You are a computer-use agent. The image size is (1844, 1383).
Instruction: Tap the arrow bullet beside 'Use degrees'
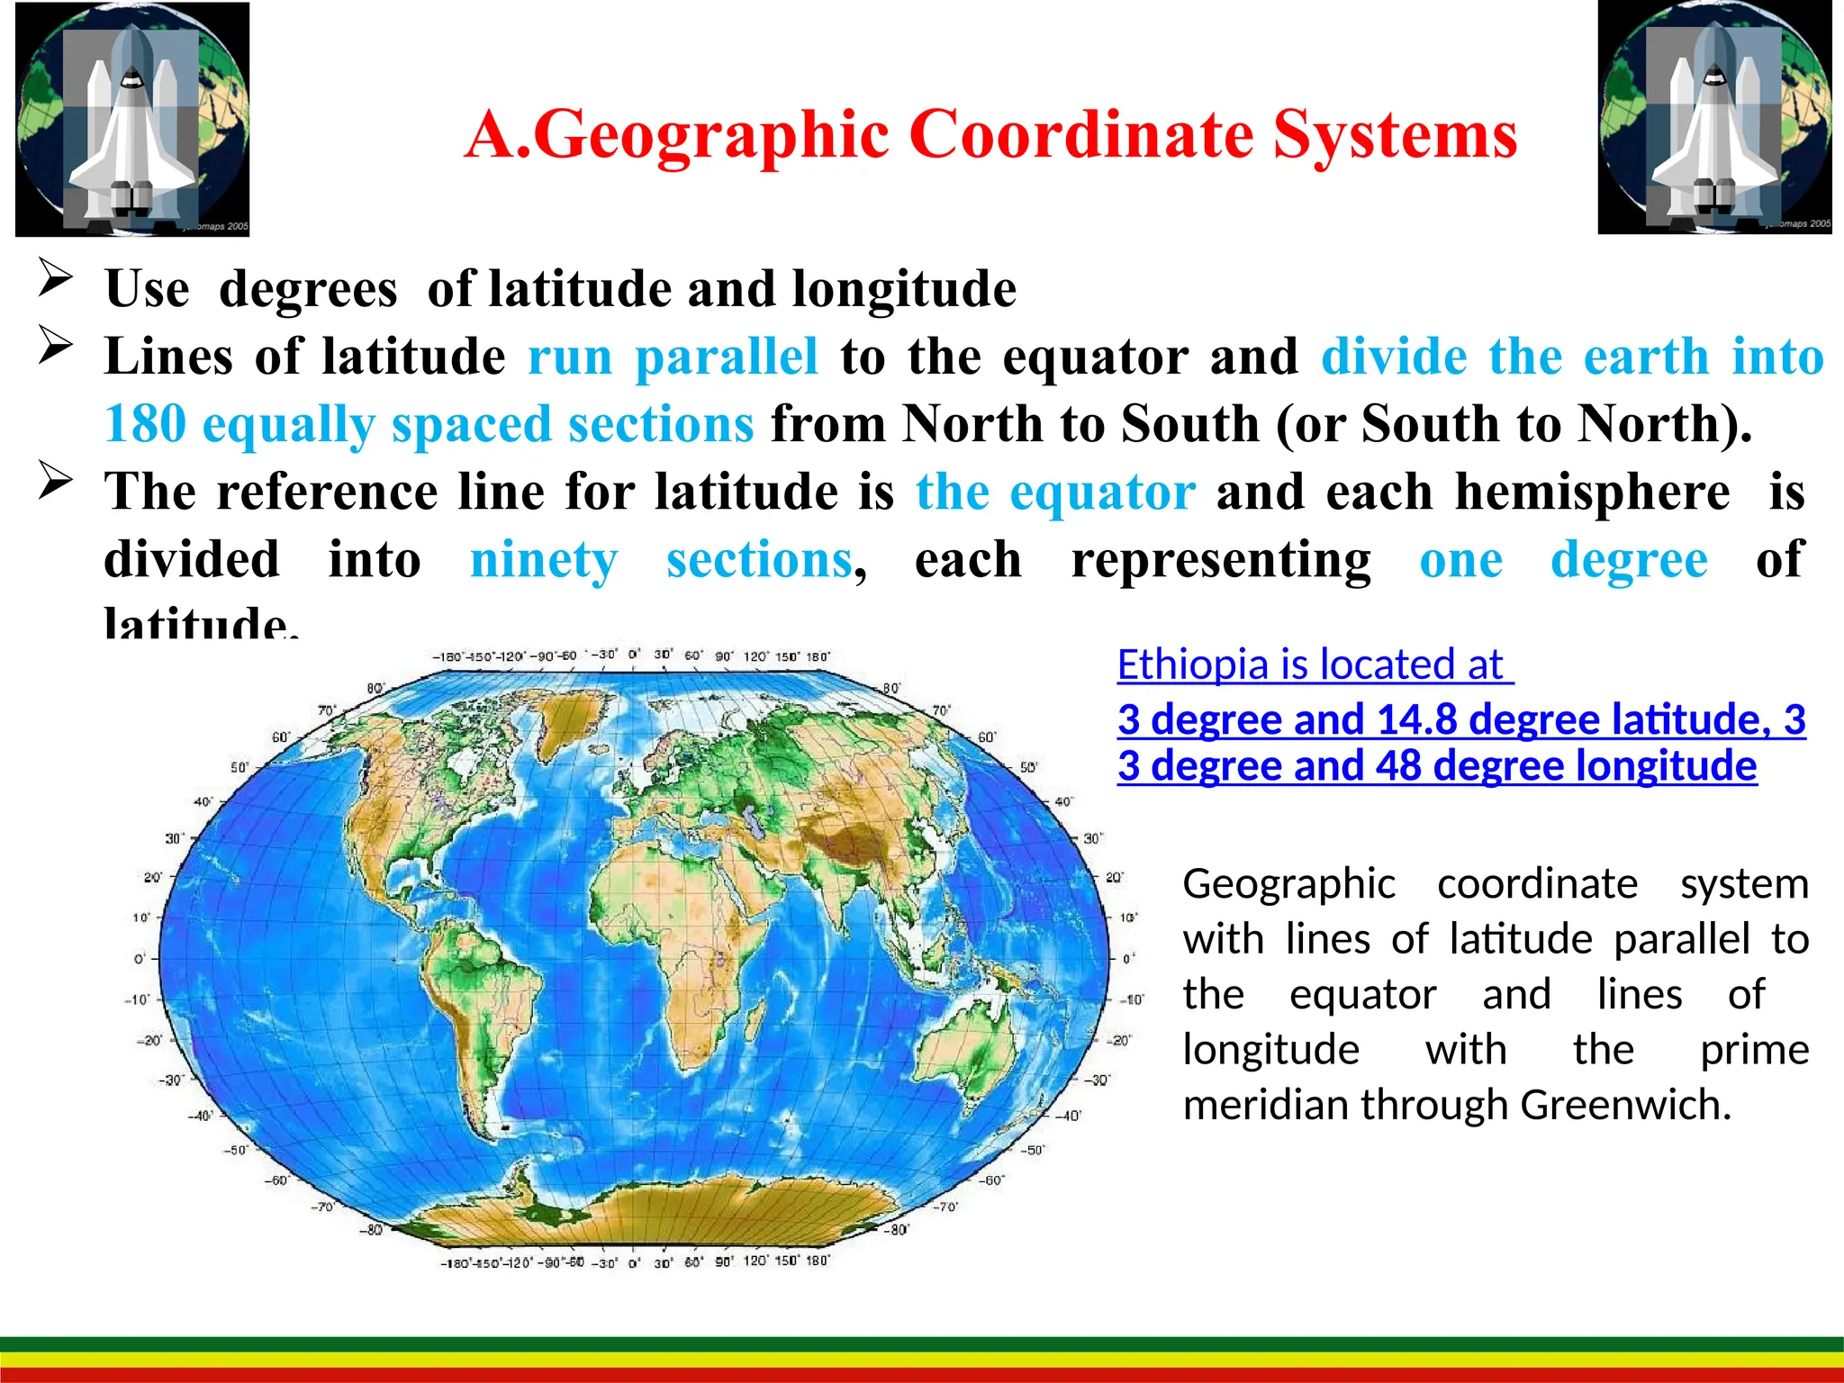pyautogui.click(x=56, y=277)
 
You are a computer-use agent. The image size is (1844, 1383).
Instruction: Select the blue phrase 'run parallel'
pyautogui.click(x=673, y=357)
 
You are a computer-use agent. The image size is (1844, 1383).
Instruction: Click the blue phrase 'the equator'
pyautogui.click(x=1056, y=493)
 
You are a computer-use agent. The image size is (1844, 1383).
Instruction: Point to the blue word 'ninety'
pyautogui.click(x=544, y=560)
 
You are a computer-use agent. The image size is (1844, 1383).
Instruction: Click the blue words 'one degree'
pyautogui.click(x=1563, y=560)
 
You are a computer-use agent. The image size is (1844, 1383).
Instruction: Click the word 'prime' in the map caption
pyautogui.click(x=1754, y=1050)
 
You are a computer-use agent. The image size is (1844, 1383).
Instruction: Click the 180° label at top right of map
pyautogui.click(x=818, y=656)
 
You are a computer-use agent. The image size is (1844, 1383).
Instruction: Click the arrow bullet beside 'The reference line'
pyautogui.click(x=56, y=481)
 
